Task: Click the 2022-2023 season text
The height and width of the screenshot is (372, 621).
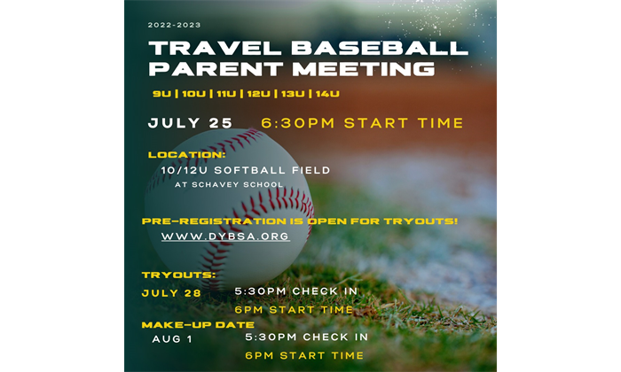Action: pos(174,25)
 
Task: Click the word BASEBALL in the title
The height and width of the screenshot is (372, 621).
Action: pos(380,48)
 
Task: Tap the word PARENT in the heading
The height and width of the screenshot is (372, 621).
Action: pos(216,68)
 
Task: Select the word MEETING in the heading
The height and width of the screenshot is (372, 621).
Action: pos(364,68)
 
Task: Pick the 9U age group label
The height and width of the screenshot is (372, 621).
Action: pos(162,94)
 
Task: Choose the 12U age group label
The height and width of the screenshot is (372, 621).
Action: pos(259,94)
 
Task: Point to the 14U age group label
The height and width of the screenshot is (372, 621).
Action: pos(328,94)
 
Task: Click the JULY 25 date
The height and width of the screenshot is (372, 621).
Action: pos(190,123)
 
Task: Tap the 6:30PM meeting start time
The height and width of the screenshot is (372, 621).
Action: pos(298,123)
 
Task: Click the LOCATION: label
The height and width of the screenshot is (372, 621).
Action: pos(187,155)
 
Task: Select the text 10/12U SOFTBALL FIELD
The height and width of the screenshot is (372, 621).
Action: pos(246,170)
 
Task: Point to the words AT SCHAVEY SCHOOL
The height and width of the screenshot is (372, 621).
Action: pos(229,184)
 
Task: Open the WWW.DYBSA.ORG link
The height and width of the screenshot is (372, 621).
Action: pos(225,236)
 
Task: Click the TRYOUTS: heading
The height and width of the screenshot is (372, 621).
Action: pos(179,275)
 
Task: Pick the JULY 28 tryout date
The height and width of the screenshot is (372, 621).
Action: pos(171,293)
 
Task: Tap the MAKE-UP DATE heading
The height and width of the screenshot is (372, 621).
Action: pos(198,325)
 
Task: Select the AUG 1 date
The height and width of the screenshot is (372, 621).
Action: pos(172,339)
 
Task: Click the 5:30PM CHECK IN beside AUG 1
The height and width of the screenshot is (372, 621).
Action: pos(307,337)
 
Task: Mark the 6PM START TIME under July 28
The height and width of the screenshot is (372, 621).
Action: pos(294,310)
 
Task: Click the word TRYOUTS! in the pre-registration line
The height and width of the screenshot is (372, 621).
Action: pos(421,221)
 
